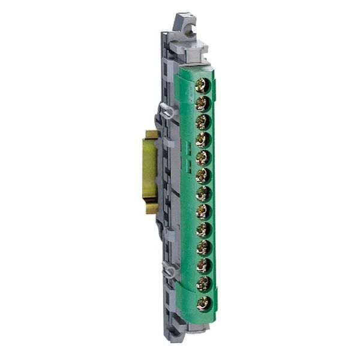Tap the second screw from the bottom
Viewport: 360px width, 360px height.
point(203,284)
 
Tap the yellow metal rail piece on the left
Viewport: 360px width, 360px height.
point(149,171)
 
